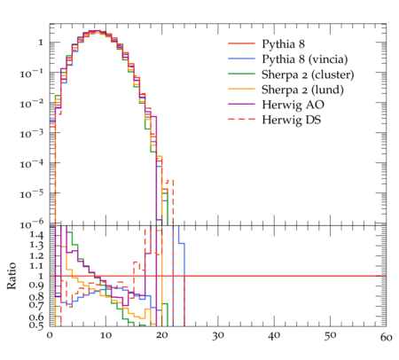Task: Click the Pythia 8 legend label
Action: [283, 43]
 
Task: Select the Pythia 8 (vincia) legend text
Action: [305, 59]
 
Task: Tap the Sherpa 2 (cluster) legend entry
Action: [308, 74]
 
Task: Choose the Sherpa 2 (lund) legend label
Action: [302, 90]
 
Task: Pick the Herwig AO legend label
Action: [293, 105]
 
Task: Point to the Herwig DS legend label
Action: [292, 120]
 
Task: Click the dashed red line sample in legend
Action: [241, 119]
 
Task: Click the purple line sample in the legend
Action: [241, 104]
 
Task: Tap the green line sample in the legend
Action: [241, 74]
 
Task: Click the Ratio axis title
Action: [12, 276]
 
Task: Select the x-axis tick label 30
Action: [218, 336]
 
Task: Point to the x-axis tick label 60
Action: [386, 337]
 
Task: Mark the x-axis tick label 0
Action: [50, 335]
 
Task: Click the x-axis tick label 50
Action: [330, 336]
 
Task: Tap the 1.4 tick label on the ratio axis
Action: [36, 235]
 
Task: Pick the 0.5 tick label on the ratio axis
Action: [36, 325]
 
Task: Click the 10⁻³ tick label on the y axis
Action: [32, 134]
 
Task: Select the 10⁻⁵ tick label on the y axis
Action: [32, 194]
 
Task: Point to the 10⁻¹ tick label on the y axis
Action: [32, 73]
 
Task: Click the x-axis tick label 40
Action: [274, 336]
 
